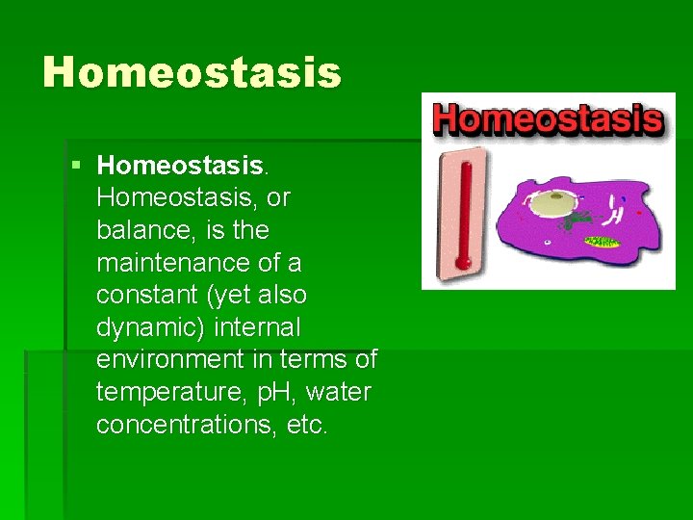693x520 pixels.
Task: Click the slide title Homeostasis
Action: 192,72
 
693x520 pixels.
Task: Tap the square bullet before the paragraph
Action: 76,166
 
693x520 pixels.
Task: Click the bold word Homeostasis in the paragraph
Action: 180,166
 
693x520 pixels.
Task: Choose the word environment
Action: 170,360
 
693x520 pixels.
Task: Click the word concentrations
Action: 189,425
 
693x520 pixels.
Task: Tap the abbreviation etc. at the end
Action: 308,425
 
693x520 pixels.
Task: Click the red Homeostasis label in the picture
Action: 548,118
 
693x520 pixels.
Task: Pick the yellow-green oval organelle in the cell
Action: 603,242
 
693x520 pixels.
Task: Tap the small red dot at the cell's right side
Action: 639,213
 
